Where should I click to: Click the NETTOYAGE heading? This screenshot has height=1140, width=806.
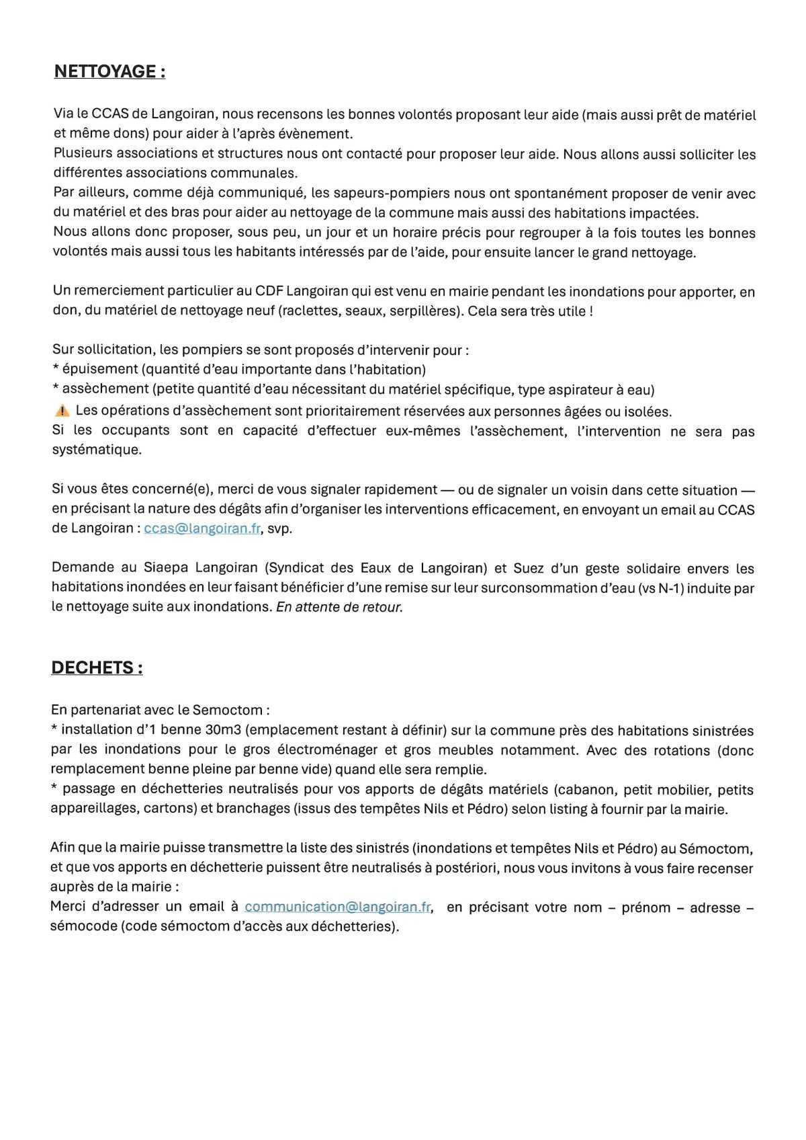109,71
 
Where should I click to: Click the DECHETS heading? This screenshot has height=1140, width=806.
97,667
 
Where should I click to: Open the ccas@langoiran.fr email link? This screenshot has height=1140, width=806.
201,528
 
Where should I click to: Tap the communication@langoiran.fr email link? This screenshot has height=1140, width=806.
337,907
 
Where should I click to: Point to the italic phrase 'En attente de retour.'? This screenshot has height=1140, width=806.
339,607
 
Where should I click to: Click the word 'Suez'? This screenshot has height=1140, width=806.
529,569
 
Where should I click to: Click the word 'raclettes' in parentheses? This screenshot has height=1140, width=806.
310,311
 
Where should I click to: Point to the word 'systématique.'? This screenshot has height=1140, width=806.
97,450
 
